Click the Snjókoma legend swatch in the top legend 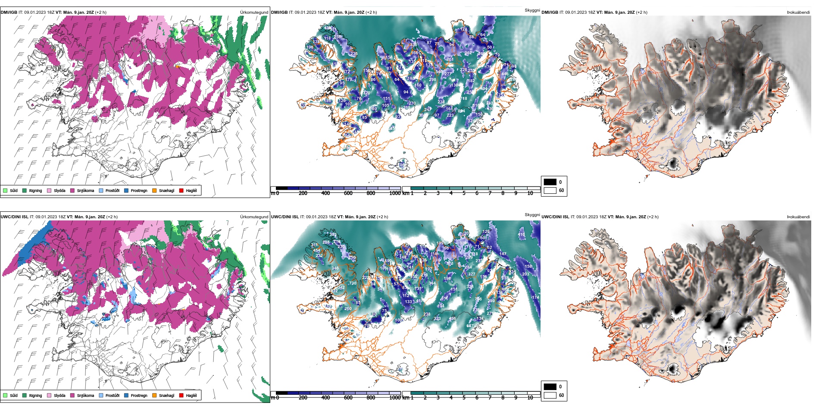tap(72, 190)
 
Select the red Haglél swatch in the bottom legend tap(181, 395)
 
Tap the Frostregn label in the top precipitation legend tap(139, 191)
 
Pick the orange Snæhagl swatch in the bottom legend tap(154, 395)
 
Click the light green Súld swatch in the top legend tap(5, 190)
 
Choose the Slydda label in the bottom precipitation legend tap(59, 396)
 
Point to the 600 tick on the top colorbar tap(348, 193)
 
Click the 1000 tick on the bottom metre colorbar tap(395, 398)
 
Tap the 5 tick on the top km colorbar tap(464, 193)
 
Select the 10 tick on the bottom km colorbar tap(530, 398)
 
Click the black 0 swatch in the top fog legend tap(550, 182)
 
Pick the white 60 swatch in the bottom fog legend tap(550, 395)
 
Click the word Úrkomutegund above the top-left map tap(254, 12)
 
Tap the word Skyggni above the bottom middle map tap(532, 214)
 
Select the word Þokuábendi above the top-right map tap(798, 12)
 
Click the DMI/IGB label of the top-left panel tap(9, 12)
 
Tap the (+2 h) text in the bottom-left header tap(112, 217)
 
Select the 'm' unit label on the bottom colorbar tap(272, 398)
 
